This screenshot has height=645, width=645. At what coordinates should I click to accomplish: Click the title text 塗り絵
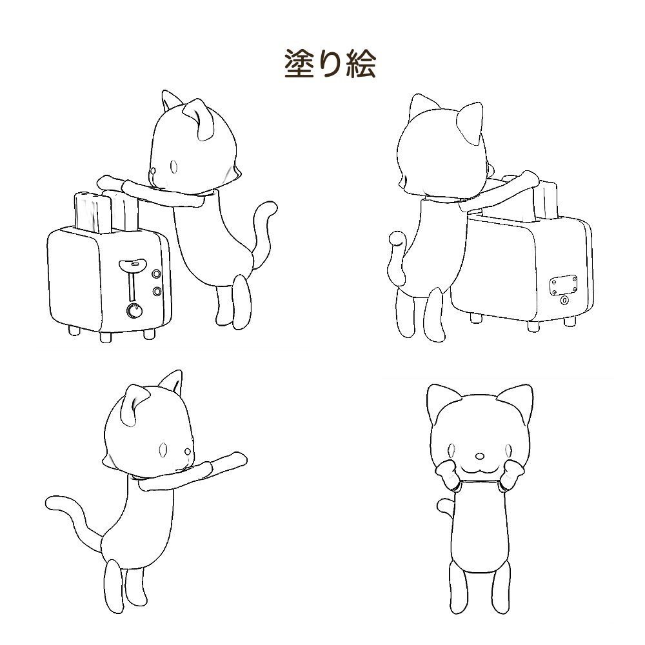pos(330,64)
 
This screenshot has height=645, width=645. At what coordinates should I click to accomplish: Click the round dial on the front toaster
pos(134,311)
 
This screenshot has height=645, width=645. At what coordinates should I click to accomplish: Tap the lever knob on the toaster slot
pos(132,263)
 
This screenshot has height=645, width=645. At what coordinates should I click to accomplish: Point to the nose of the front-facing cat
pos(479,456)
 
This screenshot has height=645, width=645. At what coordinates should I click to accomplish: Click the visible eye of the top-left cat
pos(174,166)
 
